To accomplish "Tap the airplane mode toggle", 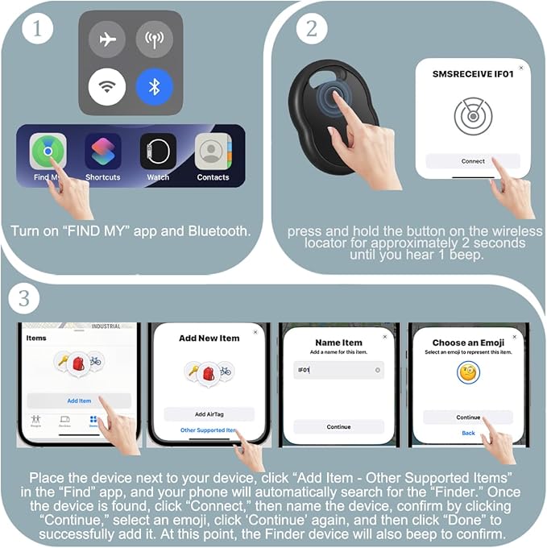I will click(106, 39).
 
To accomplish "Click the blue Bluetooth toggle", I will click(155, 86).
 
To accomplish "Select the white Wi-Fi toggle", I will click(106, 86).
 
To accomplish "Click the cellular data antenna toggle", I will click(155, 39).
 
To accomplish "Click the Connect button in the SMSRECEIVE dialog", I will click(473, 161).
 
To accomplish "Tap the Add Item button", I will click(79, 401).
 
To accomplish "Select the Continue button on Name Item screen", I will click(338, 427).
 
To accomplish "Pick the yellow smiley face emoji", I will click(468, 372).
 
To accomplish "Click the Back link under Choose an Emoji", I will click(468, 433).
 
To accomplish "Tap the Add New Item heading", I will click(209, 338).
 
